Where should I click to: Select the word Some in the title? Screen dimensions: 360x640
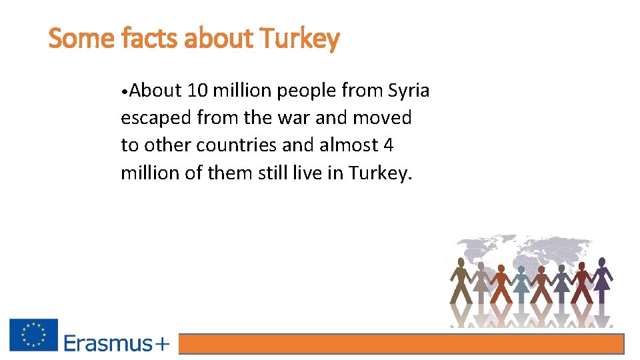(x=83, y=39)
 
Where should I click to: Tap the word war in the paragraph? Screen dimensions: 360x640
(x=295, y=118)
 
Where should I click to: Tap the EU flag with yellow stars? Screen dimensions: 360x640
(x=33, y=335)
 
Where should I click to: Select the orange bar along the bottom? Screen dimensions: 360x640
(x=402, y=344)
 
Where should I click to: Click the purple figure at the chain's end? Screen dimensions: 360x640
(x=602, y=280)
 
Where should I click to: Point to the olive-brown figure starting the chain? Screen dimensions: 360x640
(x=459, y=280)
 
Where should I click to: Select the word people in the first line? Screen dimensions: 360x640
(x=305, y=91)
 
